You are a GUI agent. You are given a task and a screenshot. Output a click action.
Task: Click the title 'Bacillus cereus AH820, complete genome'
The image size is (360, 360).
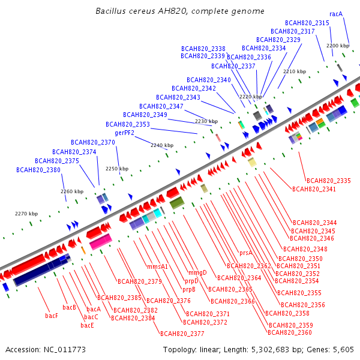click(x=180, y=11)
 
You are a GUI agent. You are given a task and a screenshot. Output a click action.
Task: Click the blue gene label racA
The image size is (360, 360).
click(x=336, y=14)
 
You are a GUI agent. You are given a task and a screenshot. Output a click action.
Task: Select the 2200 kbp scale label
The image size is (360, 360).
click(x=338, y=46)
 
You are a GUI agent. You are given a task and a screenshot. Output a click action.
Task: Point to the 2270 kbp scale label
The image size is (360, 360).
click(x=26, y=214)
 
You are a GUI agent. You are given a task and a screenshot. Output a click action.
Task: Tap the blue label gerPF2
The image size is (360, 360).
click(x=124, y=133)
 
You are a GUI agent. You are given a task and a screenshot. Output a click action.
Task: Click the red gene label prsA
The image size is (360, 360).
click(x=246, y=253)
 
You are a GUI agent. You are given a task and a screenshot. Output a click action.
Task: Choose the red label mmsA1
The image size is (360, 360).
click(x=157, y=266)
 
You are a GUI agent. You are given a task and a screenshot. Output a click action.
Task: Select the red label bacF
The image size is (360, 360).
click(x=52, y=316)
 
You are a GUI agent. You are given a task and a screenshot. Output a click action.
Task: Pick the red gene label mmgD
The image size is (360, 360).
click(x=197, y=273)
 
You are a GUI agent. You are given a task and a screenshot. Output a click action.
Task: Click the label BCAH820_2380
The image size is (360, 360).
click(x=38, y=170)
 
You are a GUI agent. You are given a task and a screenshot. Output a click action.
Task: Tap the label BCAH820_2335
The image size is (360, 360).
click(x=329, y=181)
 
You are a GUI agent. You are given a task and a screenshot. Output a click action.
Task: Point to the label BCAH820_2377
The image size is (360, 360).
click(x=182, y=334)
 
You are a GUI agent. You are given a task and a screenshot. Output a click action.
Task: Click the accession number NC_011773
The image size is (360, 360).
click(x=65, y=350)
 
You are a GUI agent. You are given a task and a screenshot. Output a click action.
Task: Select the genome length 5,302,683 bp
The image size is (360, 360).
click(x=276, y=350)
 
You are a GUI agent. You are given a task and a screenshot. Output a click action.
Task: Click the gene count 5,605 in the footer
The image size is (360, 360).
click(x=343, y=350)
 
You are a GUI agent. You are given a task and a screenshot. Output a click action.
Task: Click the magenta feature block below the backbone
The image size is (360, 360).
click(x=101, y=242)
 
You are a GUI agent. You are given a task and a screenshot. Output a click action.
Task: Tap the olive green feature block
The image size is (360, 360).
click(x=177, y=203)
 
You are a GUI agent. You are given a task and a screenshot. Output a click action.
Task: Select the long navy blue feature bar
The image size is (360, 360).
click(x=41, y=270)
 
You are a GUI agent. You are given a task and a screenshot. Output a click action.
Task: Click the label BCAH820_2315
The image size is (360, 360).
click(x=307, y=23)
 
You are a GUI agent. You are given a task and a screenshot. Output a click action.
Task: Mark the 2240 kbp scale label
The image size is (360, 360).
click(x=162, y=145)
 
